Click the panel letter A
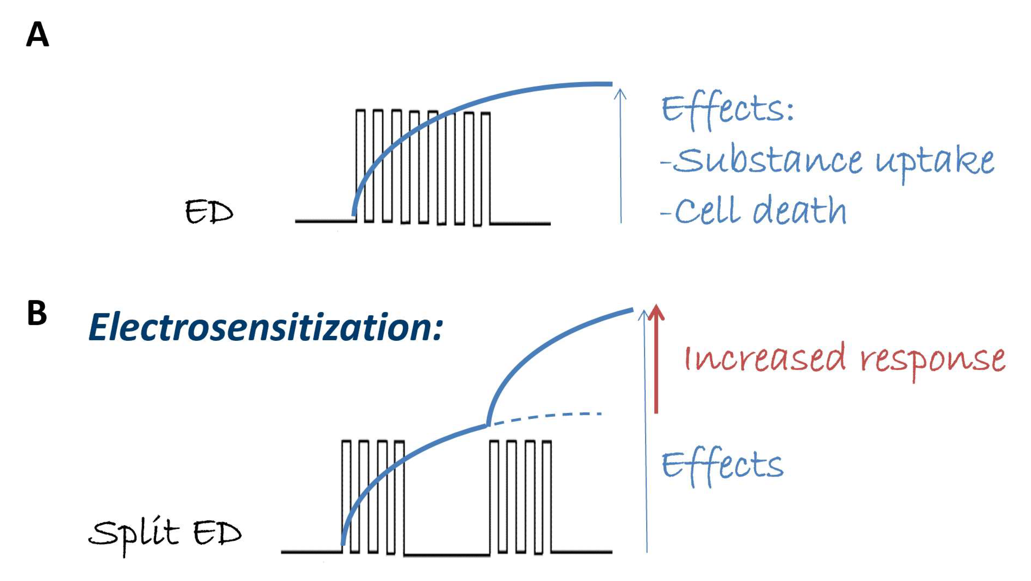click(x=37, y=35)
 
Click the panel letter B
click(x=37, y=314)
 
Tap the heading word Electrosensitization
click(x=265, y=328)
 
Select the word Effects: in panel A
click(x=727, y=110)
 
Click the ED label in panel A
click(x=209, y=212)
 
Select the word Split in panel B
click(x=134, y=533)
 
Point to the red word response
click(x=932, y=359)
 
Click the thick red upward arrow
click(x=656, y=360)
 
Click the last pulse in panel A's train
click(x=485, y=168)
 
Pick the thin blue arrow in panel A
click(x=620, y=156)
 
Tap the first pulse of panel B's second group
click(x=494, y=497)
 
